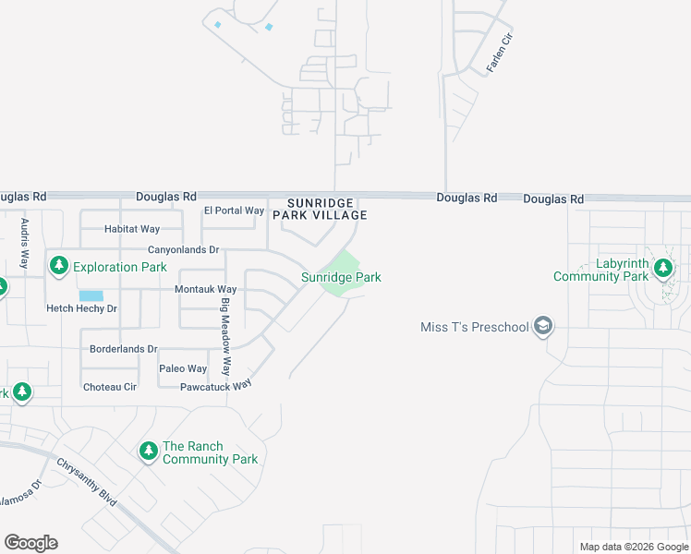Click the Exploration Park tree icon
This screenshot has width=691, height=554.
click(x=59, y=267)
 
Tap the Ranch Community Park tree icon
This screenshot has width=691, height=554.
click(x=148, y=452)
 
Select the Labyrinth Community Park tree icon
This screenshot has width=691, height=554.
click(x=662, y=269)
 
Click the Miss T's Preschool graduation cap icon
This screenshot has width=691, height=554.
click(x=544, y=327)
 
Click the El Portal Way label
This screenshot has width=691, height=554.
click(x=234, y=211)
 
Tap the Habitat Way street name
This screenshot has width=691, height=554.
click(x=131, y=229)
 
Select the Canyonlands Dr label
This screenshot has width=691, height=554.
click(x=183, y=250)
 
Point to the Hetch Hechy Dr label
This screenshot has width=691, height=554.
click(x=81, y=308)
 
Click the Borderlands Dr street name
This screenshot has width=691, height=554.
click(x=124, y=349)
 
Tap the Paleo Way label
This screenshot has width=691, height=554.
click(x=183, y=368)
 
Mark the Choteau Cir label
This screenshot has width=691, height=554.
click(x=110, y=387)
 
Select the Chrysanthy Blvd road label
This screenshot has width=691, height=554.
click(x=86, y=482)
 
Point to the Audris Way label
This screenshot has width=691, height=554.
click(x=25, y=242)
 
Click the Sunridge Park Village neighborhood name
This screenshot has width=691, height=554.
click(x=320, y=209)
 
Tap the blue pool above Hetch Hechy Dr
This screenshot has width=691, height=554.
click(x=91, y=296)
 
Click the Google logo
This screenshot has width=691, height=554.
click(x=30, y=543)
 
